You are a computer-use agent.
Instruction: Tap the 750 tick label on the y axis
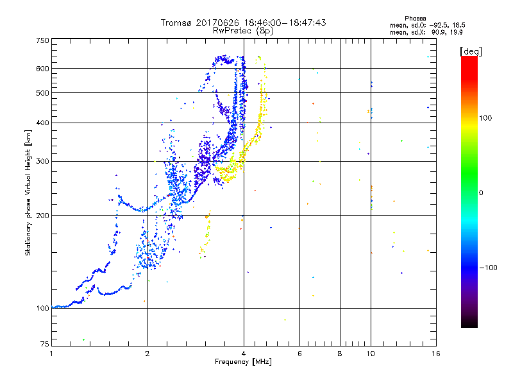pos(42,40)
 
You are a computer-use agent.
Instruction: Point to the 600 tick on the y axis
pos(42,68)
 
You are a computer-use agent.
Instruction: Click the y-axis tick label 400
pos(42,123)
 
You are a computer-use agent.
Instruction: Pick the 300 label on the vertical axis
pos(42,161)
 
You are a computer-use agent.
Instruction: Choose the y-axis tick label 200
pos(42,215)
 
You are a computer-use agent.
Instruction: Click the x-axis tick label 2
pos(147,354)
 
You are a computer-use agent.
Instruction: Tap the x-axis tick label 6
pos(299,354)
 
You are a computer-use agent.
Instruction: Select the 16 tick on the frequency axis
pos(435,354)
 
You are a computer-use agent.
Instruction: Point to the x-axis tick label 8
pos(340,354)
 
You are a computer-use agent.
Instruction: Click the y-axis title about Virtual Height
pos(28,193)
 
